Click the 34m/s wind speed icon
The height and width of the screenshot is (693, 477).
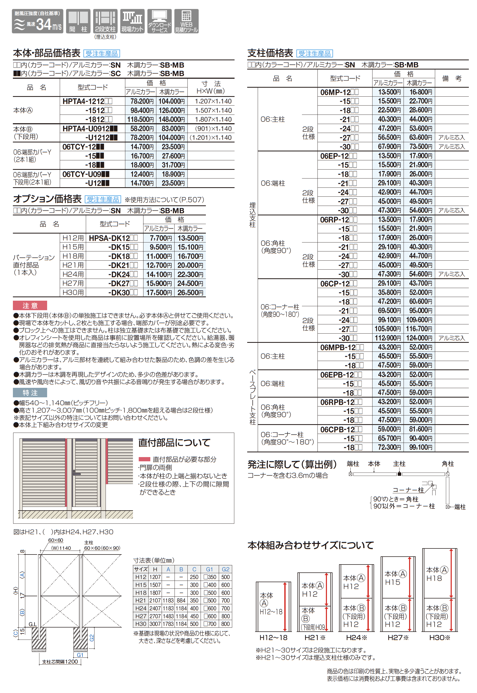[x=37, y=21]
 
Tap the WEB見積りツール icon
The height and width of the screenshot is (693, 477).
[x=186, y=21]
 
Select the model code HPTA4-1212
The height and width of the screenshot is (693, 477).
[x=87, y=101]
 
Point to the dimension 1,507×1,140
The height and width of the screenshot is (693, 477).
[x=213, y=111]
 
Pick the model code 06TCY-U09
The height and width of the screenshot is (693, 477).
[x=86, y=174]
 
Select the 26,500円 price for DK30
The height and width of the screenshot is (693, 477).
[x=190, y=293]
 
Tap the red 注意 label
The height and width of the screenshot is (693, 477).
[x=30, y=305]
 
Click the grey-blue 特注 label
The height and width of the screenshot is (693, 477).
[x=30, y=393]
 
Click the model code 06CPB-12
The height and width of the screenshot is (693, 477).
[x=341, y=430]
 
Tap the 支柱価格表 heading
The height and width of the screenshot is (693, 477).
[x=270, y=53]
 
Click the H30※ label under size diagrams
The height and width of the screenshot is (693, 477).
[x=439, y=637]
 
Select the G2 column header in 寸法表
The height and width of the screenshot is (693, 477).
[x=225, y=569]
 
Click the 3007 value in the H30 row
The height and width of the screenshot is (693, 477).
[x=155, y=624]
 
